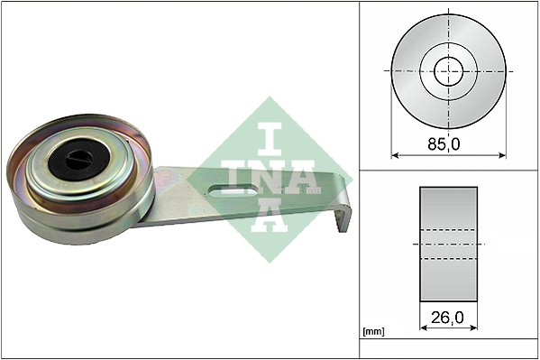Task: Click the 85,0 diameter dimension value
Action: click(448, 143)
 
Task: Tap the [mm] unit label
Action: click(372, 332)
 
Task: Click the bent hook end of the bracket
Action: click(343, 217)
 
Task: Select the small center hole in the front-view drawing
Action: click(448, 70)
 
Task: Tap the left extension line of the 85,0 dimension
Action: click(391, 117)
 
